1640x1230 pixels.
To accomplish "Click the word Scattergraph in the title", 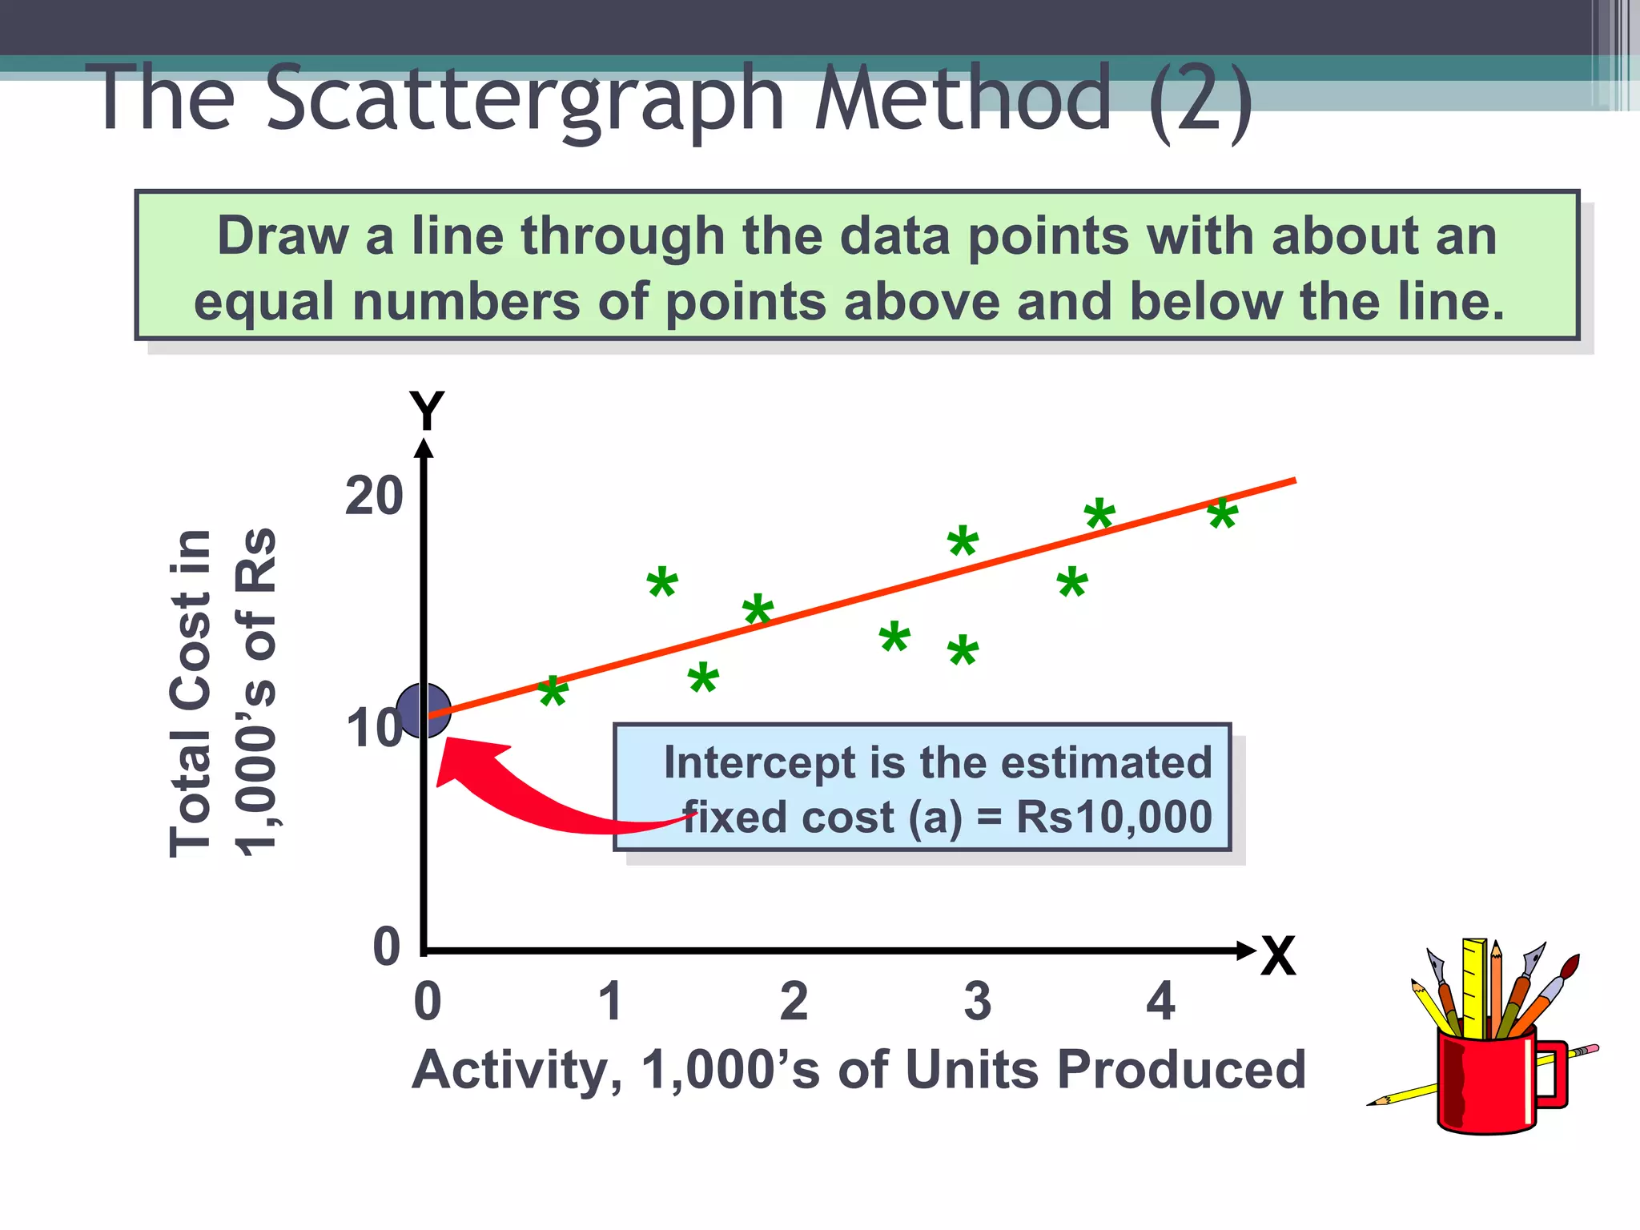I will pos(525,100).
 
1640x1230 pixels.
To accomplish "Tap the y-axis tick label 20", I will pos(373,496).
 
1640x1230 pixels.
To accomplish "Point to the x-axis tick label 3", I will pos(977,1001).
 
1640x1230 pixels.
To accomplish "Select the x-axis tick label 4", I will pos(1160,1001).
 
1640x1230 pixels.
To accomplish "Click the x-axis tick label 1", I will pos(611,1001).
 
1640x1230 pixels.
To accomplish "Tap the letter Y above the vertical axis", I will pos(426,412).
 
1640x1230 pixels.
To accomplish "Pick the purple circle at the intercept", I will pos(423,711).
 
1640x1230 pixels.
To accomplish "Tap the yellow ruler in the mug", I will pos(1474,985).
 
